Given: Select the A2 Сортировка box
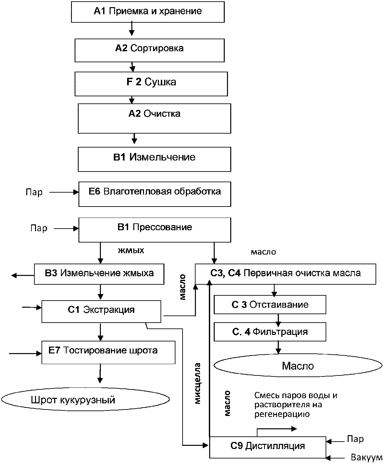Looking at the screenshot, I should [150, 50].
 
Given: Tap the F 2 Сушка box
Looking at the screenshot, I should [151, 83].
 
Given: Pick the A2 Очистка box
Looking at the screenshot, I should [154, 118].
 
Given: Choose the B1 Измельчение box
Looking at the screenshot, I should [154, 159].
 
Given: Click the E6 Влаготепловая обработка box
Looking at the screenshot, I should [155, 194].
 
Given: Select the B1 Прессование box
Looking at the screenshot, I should [155, 230].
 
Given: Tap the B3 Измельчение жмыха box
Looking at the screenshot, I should [99, 274].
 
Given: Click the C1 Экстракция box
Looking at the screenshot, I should [101, 311].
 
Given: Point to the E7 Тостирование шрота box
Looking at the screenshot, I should [108, 352].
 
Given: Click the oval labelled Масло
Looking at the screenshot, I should [298, 366].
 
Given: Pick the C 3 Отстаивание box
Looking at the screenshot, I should [270, 305].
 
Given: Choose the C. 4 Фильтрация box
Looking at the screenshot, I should [270, 332].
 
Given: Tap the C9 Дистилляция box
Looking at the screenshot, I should [268, 446].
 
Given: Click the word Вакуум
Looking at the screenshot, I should [366, 457].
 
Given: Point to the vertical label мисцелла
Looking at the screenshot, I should [198, 384].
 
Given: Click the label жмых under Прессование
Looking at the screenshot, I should [131, 251].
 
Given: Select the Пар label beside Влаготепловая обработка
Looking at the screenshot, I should [34, 192].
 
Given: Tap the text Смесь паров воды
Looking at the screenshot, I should [295, 396].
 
